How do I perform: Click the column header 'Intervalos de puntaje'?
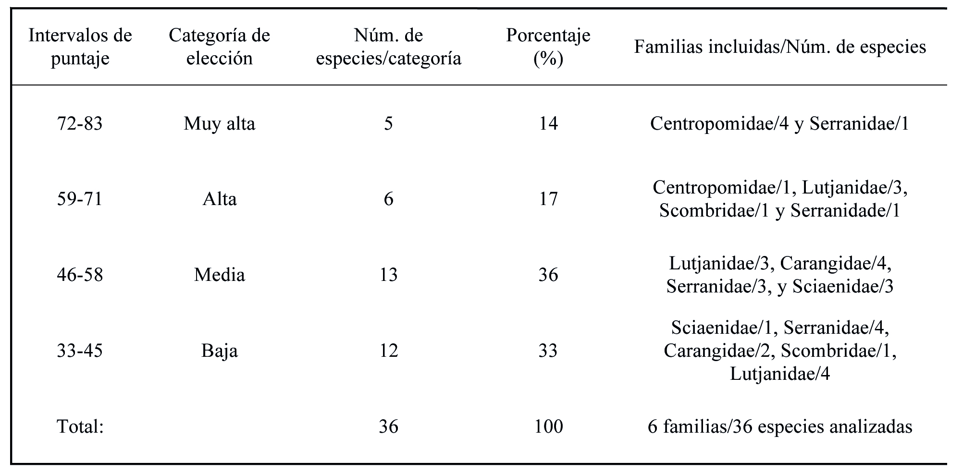[80, 47]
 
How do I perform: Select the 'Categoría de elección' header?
[220, 47]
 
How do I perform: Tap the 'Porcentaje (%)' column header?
[548, 47]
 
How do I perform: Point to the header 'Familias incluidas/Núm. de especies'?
[780, 47]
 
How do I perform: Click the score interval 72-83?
[80, 124]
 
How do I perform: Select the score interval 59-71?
[80, 199]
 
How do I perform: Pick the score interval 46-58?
[80, 275]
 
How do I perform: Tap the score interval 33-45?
[80, 351]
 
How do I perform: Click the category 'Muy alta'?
[220, 124]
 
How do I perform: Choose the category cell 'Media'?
[220, 275]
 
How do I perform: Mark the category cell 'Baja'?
[220, 351]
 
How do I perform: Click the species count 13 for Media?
[388, 275]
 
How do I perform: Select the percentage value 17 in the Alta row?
[548, 199]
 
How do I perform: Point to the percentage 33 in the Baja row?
[548, 351]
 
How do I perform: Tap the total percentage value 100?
[548, 426]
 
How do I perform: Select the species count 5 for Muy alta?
[388, 124]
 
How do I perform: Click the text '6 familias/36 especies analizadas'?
[780, 426]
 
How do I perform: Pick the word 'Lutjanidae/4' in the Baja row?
[780, 374]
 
